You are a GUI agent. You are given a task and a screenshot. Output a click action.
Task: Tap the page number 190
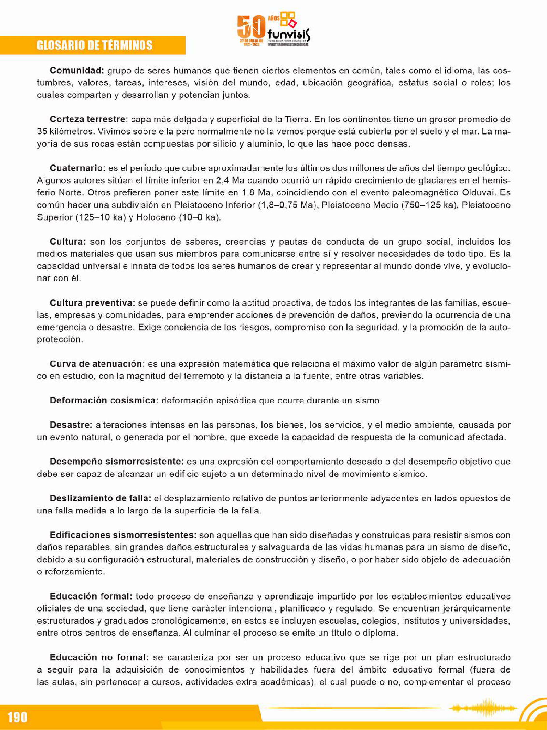click(x=18, y=716)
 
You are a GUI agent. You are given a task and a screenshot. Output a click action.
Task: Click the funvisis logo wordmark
click(x=289, y=34)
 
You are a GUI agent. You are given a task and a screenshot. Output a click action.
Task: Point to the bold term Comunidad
click(x=77, y=70)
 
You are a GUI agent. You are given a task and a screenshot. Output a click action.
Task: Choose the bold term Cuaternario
click(x=77, y=168)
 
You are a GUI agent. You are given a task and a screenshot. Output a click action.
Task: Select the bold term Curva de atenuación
click(x=97, y=364)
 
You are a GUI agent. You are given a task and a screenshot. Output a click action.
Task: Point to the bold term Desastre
click(x=71, y=425)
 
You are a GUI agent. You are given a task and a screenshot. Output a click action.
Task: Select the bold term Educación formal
click(x=91, y=596)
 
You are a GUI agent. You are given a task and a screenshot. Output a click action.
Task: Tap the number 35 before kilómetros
click(x=42, y=131)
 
